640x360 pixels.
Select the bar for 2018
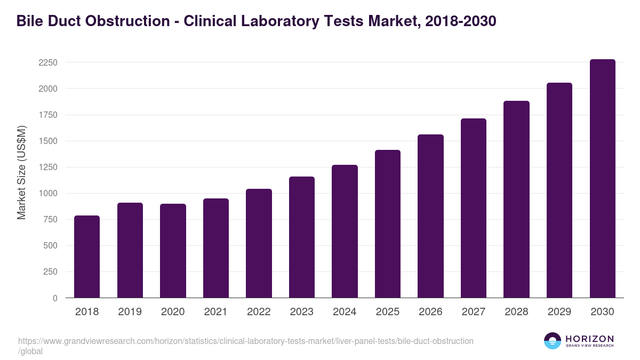[87, 257]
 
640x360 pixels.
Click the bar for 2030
[603, 179]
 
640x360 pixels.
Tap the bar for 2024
[345, 231]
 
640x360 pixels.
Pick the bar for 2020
[173, 251]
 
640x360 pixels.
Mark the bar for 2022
[259, 243]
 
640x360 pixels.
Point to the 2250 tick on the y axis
[47, 62]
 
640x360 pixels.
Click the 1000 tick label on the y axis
[47, 194]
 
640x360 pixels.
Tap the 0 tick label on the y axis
[54, 298]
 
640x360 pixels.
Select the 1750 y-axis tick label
[47, 115]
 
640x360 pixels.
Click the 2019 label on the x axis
[130, 312]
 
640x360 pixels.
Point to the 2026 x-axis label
[430, 312]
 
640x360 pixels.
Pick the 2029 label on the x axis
[559, 312]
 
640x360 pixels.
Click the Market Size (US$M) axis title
[21, 172]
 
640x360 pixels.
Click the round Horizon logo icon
[552, 341]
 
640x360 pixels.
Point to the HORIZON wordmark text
[589, 339]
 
